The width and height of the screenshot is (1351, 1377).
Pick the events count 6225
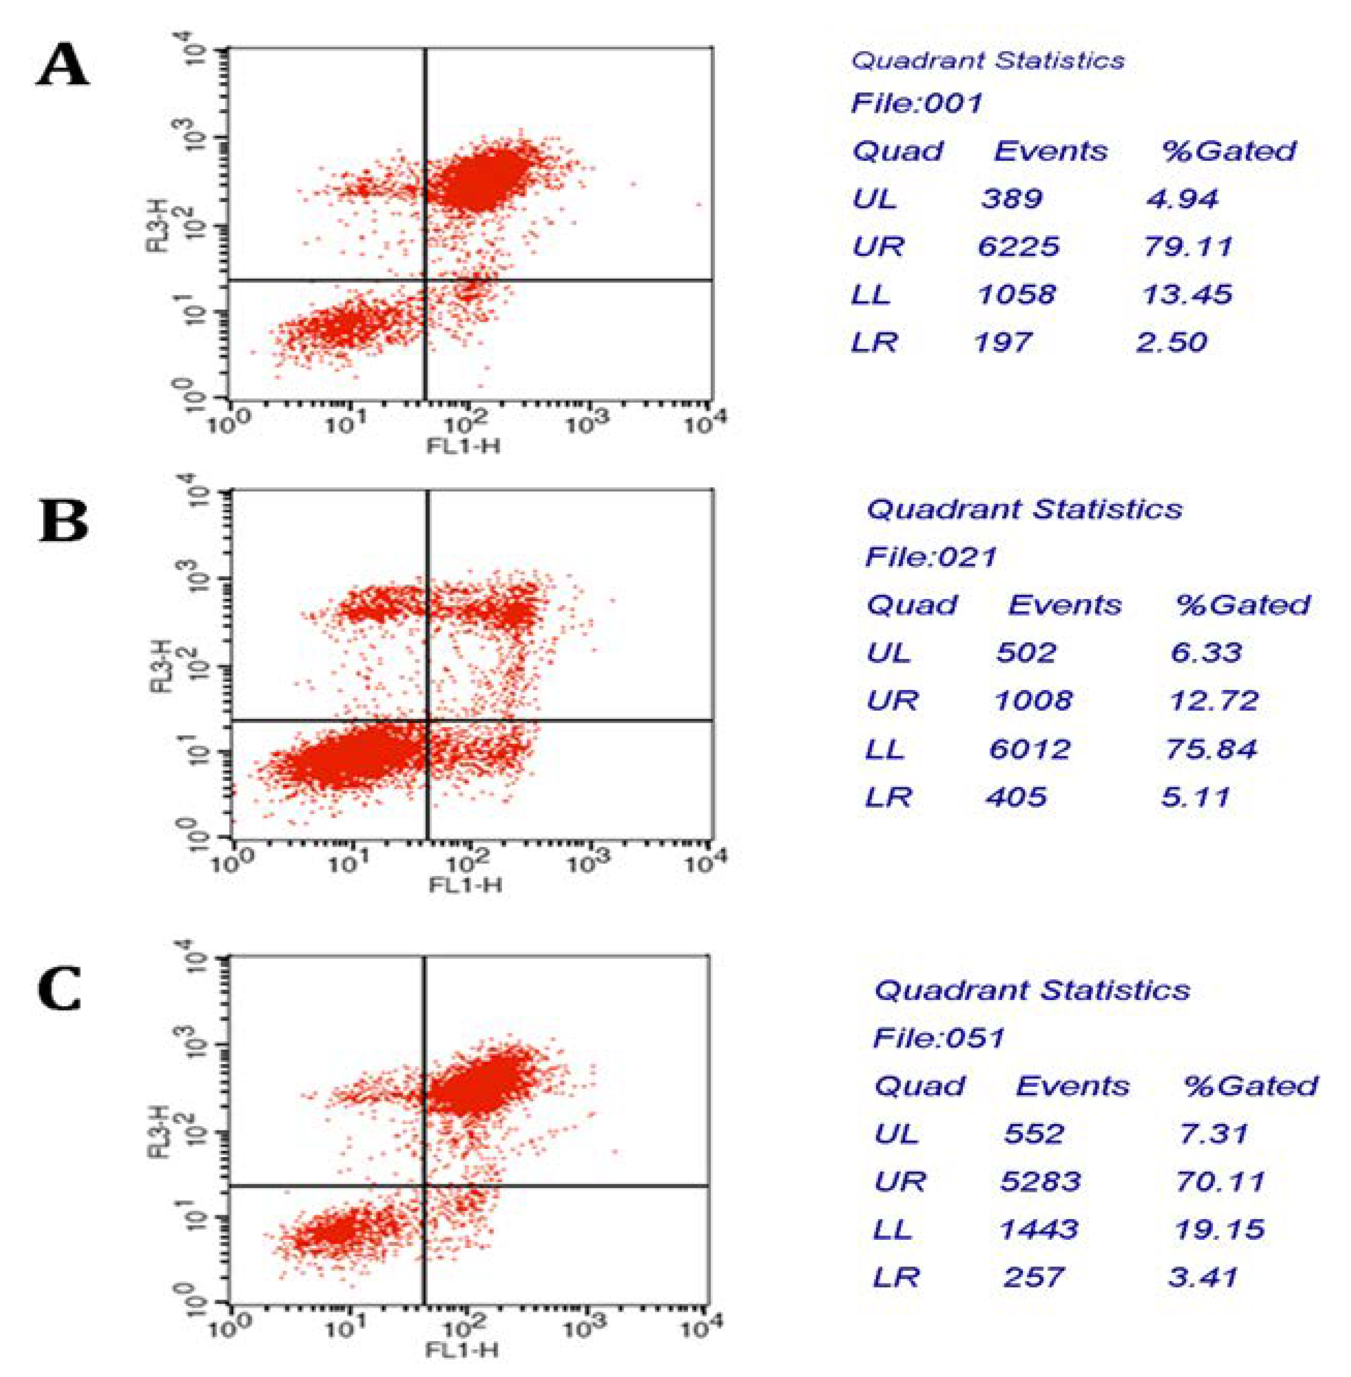pyautogui.click(x=1018, y=247)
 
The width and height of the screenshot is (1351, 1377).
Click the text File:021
pyautogui.click(x=931, y=557)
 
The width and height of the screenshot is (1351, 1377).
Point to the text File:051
pyautogui.click(x=939, y=1038)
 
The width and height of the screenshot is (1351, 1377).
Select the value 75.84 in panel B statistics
pyautogui.click(x=1210, y=749)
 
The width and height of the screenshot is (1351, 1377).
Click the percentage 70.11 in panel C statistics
pyautogui.click(x=1220, y=1181)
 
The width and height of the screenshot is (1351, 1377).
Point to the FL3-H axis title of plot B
pyautogui.click(x=162, y=665)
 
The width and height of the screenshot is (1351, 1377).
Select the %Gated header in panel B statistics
pyautogui.click(x=1243, y=605)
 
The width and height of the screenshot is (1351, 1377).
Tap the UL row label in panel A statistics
pyautogui.click(x=875, y=199)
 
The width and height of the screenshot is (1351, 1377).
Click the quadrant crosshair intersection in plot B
pyautogui.click(x=428, y=721)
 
